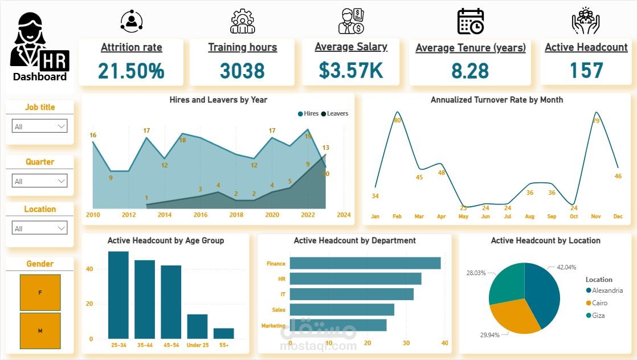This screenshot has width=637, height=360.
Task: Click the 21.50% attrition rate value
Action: pyautogui.click(x=131, y=71)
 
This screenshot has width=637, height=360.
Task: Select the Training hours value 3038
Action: pyautogui.click(x=242, y=71)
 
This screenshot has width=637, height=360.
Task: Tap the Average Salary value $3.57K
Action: pyautogui.click(x=351, y=69)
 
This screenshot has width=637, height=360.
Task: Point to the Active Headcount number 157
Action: pyautogui.click(x=586, y=71)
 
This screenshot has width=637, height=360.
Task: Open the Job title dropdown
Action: pyautogui.click(x=40, y=126)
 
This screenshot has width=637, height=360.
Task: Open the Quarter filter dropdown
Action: pyautogui.click(x=40, y=181)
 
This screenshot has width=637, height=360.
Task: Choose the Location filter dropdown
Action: pyautogui.click(x=40, y=228)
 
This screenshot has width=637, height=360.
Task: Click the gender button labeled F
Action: pyautogui.click(x=40, y=292)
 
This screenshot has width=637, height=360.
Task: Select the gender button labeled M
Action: pyautogui.click(x=40, y=330)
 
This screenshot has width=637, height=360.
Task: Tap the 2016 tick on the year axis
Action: pyautogui.click(x=201, y=215)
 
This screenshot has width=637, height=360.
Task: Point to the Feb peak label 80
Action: pyautogui.click(x=397, y=120)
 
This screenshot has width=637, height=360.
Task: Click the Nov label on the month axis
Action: pyautogui.click(x=597, y=216)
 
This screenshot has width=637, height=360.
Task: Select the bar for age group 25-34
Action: pyautogui.click(x=119, y=295)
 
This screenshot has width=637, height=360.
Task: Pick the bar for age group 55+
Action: pyautogui.click(x=223, y=333)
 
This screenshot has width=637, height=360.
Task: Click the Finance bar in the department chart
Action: pyautogui.click(x=365, y=263)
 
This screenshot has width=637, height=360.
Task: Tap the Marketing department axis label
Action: pyautogui.click(x=273, y=326)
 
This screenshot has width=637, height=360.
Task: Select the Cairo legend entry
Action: pyautogui.click(x=599, y=303)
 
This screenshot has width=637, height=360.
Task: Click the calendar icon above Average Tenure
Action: pyautogui.click(x=471, y=21)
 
